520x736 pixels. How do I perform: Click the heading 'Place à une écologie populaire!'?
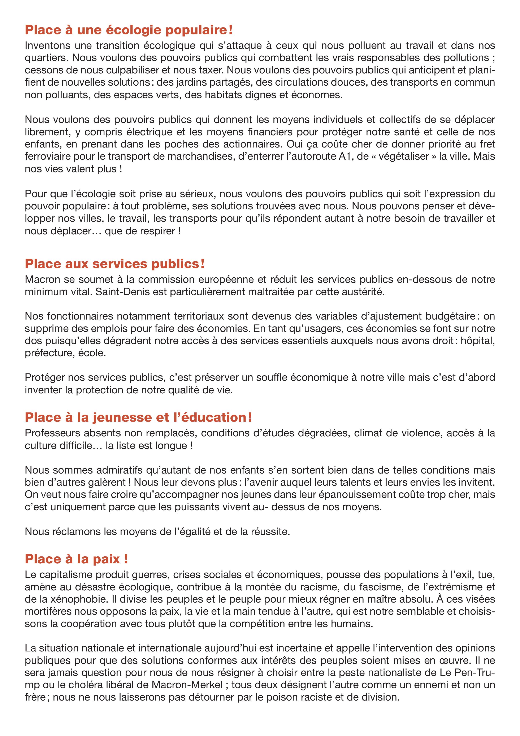pos(129,30)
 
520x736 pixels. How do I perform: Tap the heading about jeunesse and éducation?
pos(138,417)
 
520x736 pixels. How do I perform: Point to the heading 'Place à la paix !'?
pos(77,559)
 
